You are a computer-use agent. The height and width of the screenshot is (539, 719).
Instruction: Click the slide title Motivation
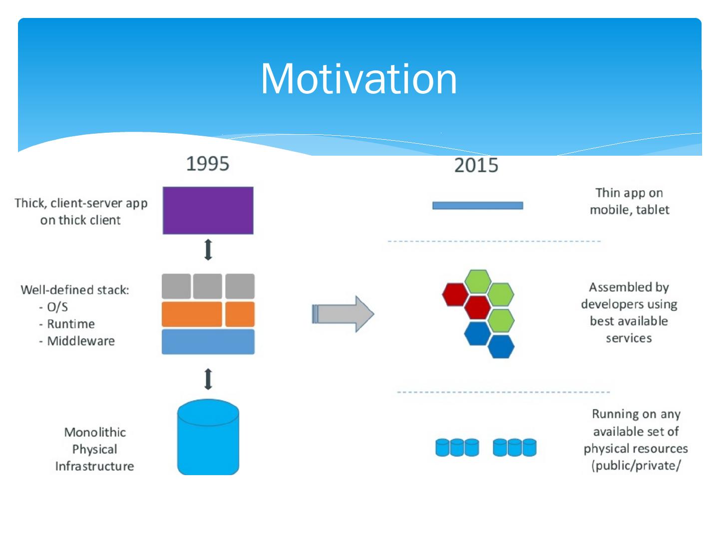(359, 79)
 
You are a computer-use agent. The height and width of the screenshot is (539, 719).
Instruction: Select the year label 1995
(208, 164)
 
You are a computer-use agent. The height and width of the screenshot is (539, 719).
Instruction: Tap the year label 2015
(476, 165)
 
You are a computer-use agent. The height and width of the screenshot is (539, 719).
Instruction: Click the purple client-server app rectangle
(208, 210)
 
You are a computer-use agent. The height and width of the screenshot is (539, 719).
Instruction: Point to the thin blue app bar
(477, 206)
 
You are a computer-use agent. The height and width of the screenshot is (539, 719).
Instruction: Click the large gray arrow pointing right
(343, 314)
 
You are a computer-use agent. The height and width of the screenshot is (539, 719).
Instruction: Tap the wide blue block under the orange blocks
(208, 342)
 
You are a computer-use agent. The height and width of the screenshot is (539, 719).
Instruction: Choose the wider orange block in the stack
(192, 314)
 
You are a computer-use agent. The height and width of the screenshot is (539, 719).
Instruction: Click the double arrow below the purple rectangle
(208, 250)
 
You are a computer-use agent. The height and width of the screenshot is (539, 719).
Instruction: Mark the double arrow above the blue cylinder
(208, 379)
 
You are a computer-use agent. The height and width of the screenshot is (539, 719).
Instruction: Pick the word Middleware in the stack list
(81, 341)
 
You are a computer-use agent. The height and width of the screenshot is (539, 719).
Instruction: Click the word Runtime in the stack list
(71, 324)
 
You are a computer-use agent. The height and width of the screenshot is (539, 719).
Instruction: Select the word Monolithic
(95, 432)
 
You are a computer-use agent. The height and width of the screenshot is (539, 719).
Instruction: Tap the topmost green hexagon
(477, 281)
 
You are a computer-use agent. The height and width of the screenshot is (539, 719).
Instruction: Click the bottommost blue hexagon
(501, 346)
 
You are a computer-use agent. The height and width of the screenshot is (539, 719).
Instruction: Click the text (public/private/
(636, 466)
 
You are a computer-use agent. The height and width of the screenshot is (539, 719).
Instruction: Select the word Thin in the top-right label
(608, 193)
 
